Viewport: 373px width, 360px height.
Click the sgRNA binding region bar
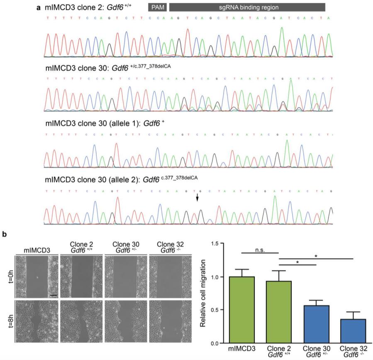point(247,7)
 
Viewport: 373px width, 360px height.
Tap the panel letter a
point(39,7)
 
